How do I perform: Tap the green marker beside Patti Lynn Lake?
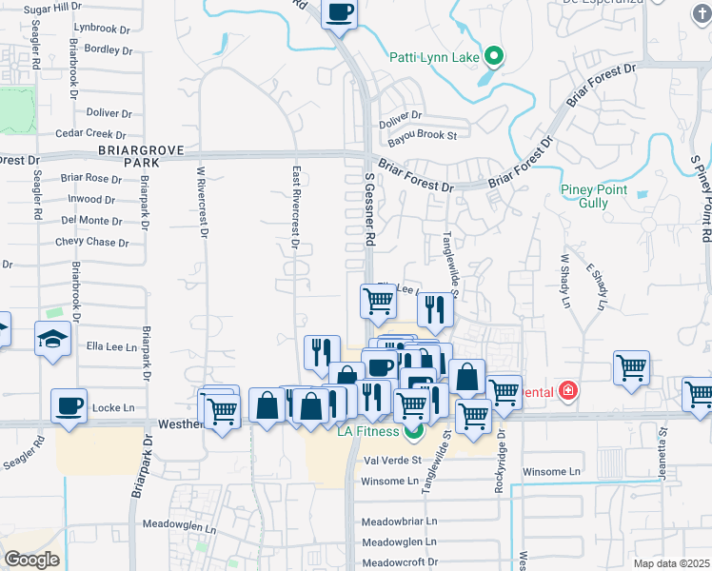493,56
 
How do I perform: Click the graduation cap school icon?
52,338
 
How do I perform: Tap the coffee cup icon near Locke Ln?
69,405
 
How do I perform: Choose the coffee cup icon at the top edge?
340,12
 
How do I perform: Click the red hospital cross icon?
568,391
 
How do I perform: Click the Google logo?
31,560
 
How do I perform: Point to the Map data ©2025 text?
672,563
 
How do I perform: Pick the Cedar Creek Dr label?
90,134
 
